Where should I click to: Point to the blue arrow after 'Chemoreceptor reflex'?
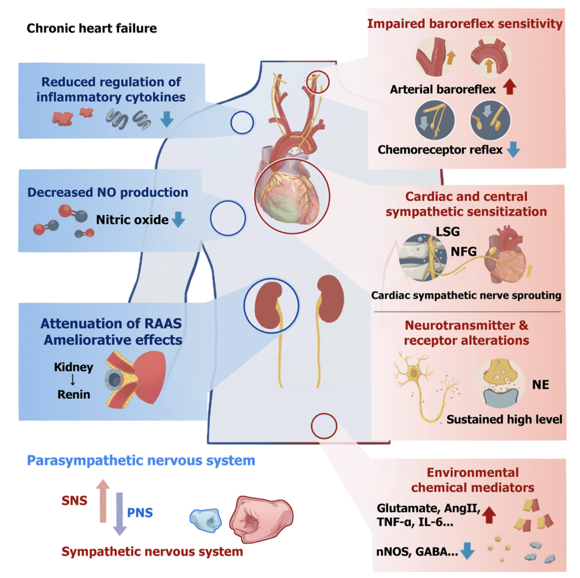[512, 150]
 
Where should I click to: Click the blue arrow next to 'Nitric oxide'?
[178, 220]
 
